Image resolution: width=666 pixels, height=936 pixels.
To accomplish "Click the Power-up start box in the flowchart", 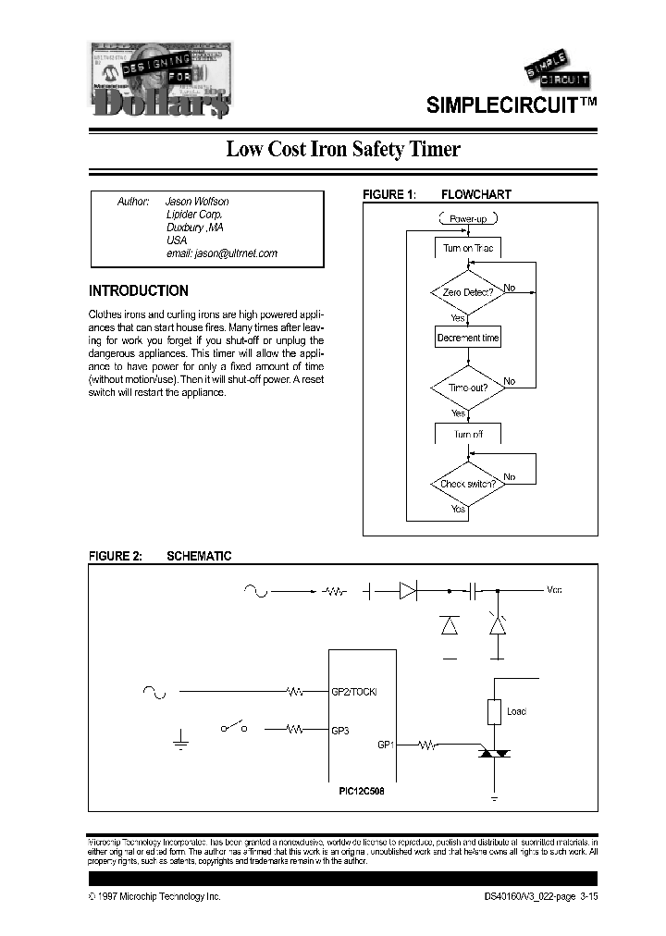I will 467,219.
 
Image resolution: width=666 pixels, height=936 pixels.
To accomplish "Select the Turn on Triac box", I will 467,249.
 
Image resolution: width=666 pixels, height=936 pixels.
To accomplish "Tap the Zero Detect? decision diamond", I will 467,291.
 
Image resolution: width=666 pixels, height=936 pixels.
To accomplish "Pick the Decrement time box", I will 467,338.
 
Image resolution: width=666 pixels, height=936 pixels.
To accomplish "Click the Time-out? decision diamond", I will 467,388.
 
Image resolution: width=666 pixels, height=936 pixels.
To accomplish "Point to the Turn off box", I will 467,434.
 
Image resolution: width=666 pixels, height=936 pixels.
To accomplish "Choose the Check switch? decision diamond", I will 467,484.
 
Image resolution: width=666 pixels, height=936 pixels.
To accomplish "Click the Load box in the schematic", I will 495,711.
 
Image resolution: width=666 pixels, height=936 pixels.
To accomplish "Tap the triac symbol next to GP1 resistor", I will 494,756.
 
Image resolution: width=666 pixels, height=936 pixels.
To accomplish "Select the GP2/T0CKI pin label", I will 354,691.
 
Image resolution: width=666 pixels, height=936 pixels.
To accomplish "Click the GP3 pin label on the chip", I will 340,730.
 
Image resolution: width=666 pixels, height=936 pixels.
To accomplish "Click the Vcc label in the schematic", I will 554,589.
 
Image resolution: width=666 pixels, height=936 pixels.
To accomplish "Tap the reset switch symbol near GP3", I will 234,728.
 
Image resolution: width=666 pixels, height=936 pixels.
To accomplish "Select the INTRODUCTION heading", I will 138,290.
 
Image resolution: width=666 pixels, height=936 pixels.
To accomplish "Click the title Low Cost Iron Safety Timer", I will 343,149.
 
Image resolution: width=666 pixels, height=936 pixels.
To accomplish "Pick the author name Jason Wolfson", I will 196,201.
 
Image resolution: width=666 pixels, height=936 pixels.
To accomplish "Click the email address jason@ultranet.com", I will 221,252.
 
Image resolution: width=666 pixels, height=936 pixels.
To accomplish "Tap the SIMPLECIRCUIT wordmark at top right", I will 510,105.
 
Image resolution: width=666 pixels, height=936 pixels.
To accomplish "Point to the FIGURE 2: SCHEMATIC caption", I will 159,556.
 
